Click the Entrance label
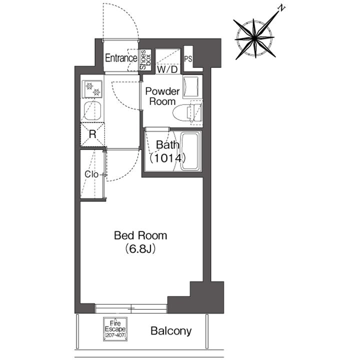(121, 58)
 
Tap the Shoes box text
(145, 60)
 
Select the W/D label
(168, 69)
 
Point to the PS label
(188, 59)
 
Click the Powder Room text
(162, 96)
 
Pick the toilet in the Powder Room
(187, 113)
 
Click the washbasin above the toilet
(190, 87)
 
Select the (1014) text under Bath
(167, 158)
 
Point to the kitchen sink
(92, 111)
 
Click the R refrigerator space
(92, 134)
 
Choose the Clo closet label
(91, 174)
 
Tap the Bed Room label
(140, 236)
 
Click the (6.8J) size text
(140, 249)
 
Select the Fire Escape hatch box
(115, 329)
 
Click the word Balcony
(171, 331)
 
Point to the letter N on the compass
(281, 8)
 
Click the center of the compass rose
(254, 37)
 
